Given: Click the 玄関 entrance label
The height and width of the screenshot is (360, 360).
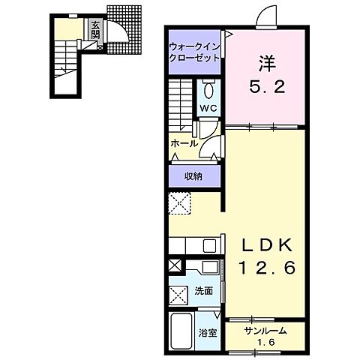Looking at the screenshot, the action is point(95,30).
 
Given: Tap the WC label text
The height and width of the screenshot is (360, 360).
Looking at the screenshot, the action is point(208,108).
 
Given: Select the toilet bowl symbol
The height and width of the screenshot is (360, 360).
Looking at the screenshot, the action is point(208,89).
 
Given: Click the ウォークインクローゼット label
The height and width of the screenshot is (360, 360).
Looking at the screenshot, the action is point(194,52).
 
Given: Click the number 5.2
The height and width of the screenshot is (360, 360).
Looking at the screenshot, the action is point(267,87).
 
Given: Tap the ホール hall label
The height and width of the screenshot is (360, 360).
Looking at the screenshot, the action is point(184,144).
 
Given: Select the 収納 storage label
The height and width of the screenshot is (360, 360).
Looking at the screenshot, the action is point(193,177).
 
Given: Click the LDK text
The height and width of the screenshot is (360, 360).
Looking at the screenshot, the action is point(266,244).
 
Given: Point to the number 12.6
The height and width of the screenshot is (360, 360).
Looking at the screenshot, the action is point(267,268).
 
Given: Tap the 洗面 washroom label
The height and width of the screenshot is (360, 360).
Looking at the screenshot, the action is point(204,291).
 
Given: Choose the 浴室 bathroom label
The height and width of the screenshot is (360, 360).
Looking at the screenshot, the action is point(208,333).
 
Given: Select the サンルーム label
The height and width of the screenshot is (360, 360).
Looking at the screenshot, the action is point(265,331).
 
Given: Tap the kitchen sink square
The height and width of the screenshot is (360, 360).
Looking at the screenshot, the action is point(209,246).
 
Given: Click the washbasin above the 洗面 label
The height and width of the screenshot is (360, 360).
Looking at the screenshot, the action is point(209,267).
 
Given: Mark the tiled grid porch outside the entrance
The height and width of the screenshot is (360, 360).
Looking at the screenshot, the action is point(124,29).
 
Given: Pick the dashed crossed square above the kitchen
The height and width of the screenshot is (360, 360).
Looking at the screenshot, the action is point(179,203).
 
